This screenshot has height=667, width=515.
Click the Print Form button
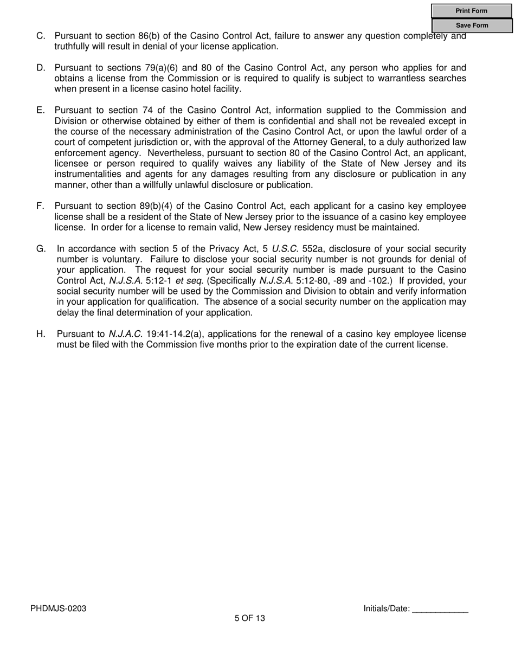[x=472, y=11]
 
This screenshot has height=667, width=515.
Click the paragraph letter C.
[x=41, y=36]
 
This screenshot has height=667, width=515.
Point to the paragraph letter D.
[x=41, y=68]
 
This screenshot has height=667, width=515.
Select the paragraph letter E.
[x=41, y=110]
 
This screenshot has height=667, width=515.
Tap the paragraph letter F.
[x=40, y=206]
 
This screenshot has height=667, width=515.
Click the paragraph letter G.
[x=41, y=249]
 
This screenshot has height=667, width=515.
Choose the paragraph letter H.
[x=41, y=334]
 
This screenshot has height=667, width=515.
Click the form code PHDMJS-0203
[x=58, y=608]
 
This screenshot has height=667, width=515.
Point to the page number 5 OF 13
[x=250, y=618]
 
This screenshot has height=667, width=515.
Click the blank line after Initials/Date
[x=440, y=610]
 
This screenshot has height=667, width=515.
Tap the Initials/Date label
[x=387, y=608]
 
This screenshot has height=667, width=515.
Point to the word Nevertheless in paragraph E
[x=172, y=153]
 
